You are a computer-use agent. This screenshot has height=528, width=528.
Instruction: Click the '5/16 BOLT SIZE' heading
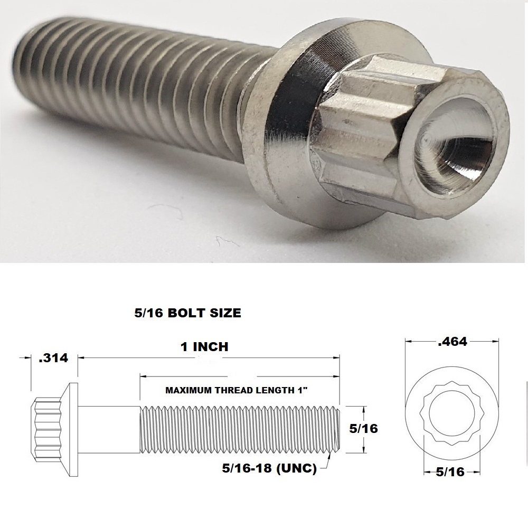188,313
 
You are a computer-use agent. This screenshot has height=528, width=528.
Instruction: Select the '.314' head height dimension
53,358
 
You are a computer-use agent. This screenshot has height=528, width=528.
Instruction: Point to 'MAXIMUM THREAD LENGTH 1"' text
237,391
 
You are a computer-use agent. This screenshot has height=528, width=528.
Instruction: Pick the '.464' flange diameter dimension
452,342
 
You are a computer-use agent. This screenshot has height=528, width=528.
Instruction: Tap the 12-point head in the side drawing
45,429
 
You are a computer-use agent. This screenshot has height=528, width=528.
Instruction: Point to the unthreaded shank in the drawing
111,429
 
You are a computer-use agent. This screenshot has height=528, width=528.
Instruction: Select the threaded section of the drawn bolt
238,429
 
